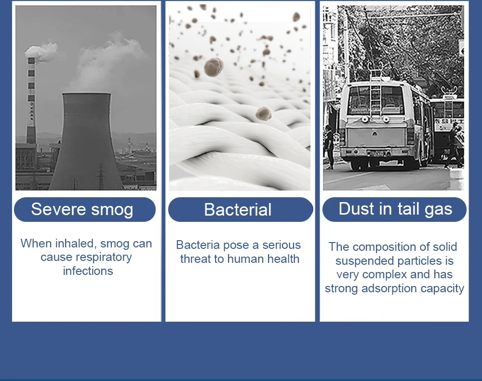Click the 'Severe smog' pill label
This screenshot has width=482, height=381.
(x=85, y=209)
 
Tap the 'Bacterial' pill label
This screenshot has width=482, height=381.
(x=241, y=209)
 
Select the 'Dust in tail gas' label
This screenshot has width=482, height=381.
(x=394, y=209)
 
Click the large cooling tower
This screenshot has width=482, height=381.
(x=86, y=141)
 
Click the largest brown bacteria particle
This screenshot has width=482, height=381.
(x=214, y=67)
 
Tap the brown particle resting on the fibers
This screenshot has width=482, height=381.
(x=264, y=113)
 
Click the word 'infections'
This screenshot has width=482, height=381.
(x=88, y=271)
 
